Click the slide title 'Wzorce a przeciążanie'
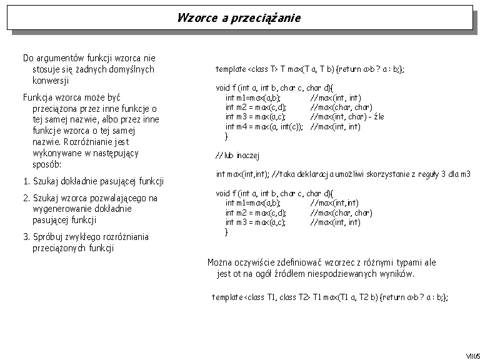pyautogui.click(x=239, y=17)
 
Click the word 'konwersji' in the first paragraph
pyautogui.click(x=51, y=81)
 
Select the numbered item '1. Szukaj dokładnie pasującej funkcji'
pyautogui.click(x=93, y=182)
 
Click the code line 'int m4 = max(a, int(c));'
pyautogui.click(x=264, y=127)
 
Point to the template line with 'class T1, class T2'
pyautogui.click(x=329, y=297)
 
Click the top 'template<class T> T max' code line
pyautogui.click(x=309, y=69)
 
